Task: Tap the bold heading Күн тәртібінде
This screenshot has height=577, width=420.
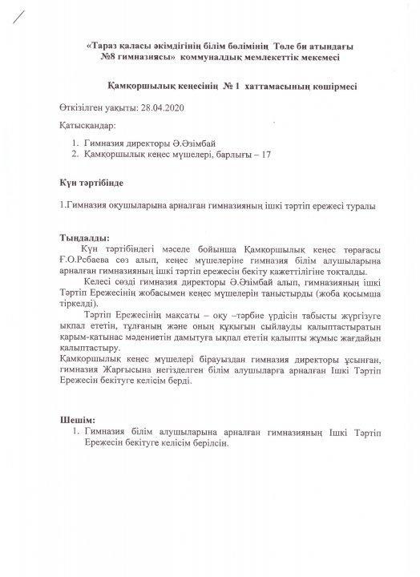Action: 90,182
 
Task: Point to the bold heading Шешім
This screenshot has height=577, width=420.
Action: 78,419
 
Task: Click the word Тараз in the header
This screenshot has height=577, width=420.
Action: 106,48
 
